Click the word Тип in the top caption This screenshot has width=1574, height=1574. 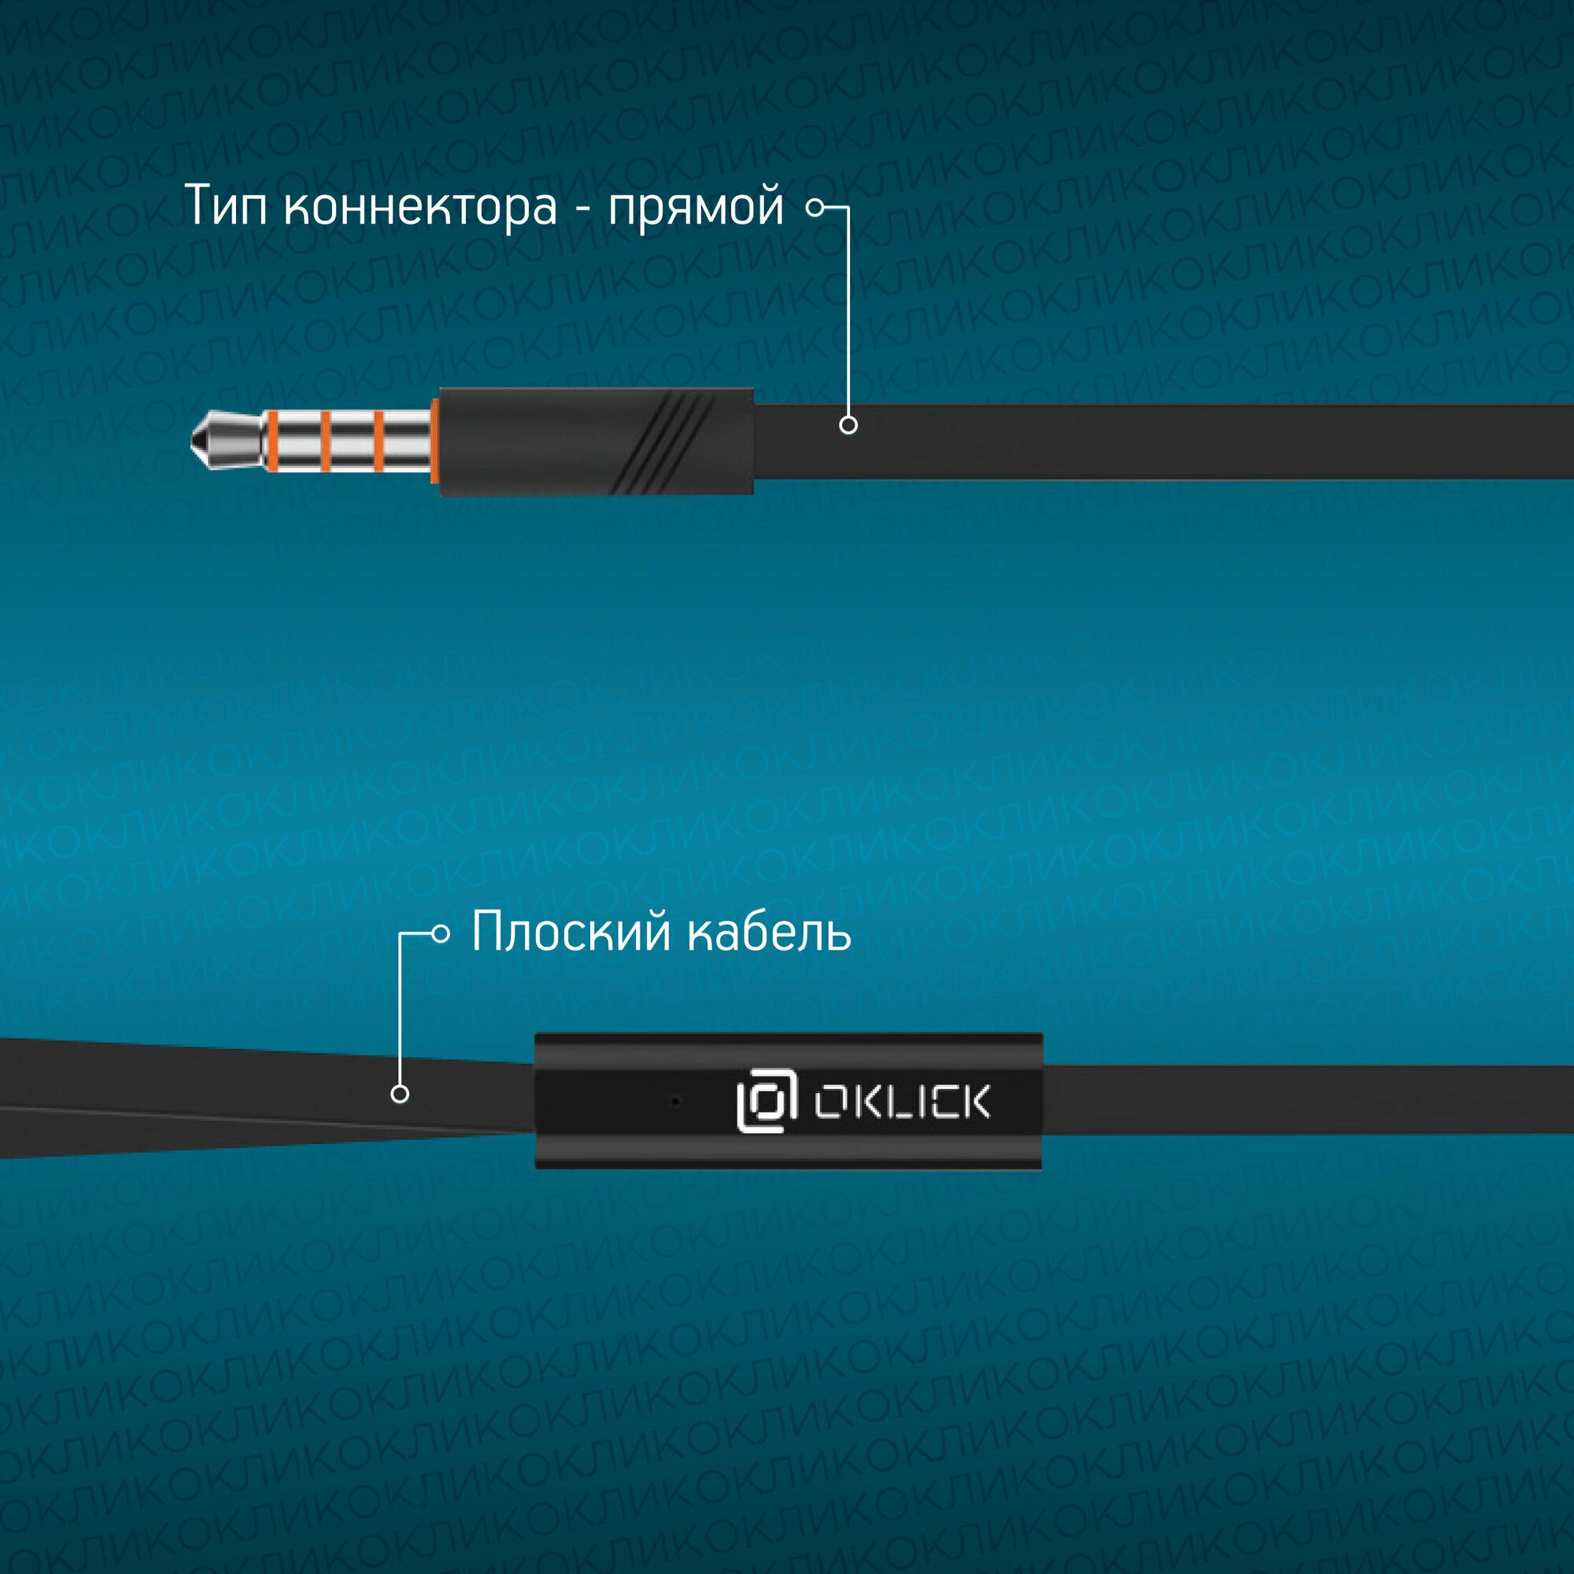pos(226,205)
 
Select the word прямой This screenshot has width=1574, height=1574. pos(696,209)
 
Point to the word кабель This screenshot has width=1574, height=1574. pos(768,932)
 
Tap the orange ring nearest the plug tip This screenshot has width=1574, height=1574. pos(272,441)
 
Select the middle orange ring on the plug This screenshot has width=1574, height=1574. pos(325,441)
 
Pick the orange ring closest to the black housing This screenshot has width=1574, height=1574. pos(378,441)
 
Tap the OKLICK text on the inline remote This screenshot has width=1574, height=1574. pos(902,1102)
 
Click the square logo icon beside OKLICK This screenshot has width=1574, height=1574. pos(766,1101)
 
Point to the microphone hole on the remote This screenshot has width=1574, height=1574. pos(674,1102)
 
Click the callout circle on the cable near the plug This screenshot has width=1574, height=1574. pos(848,424)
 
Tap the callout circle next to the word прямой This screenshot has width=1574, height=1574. pos(814,207)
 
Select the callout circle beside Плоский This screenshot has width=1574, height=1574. pos(440,933)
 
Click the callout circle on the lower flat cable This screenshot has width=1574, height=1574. pos(399,1094)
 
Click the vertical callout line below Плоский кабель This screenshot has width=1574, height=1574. pos(399,1011)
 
